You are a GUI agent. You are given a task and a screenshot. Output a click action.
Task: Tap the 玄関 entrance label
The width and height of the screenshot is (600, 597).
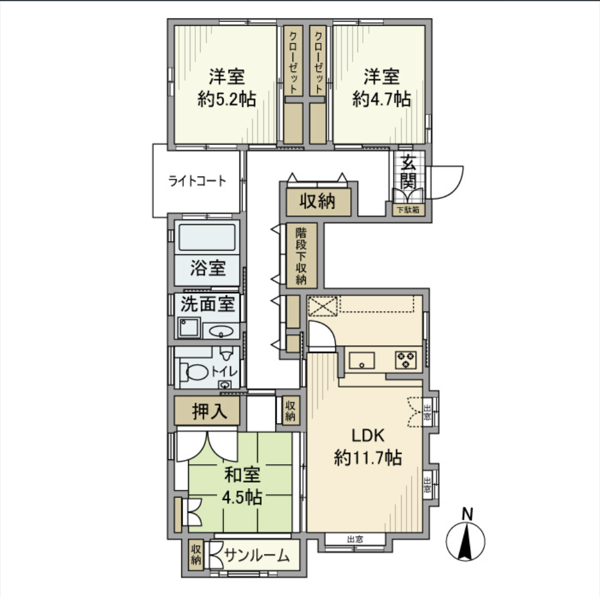coord(408,171)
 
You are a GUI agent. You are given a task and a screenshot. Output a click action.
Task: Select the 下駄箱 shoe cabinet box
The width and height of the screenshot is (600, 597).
coord(408,210)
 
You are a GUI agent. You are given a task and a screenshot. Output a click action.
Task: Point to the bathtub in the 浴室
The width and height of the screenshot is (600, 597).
coord(207,239)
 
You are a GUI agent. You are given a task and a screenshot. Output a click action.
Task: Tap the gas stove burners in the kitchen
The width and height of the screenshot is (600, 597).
coord(405,360)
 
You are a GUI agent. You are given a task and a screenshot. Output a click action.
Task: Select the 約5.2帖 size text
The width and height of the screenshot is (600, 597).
coord(227,99)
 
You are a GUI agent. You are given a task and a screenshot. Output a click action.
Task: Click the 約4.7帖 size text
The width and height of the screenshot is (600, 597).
coord(381,99)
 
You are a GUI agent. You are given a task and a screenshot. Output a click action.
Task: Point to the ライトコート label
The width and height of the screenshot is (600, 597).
coord(197,181)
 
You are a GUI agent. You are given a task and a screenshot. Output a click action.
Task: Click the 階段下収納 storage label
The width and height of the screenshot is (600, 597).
coord(301,255)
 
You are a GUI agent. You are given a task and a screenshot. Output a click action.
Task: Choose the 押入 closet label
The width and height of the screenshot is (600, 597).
coord(207,412)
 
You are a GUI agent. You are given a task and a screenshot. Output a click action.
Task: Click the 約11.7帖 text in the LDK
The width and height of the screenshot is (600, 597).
coord(367,458)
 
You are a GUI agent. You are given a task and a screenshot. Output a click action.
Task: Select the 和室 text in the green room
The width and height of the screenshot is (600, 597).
coord(242,476)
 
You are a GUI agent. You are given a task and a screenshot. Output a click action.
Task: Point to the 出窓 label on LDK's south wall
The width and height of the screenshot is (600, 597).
coord(355,539)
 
